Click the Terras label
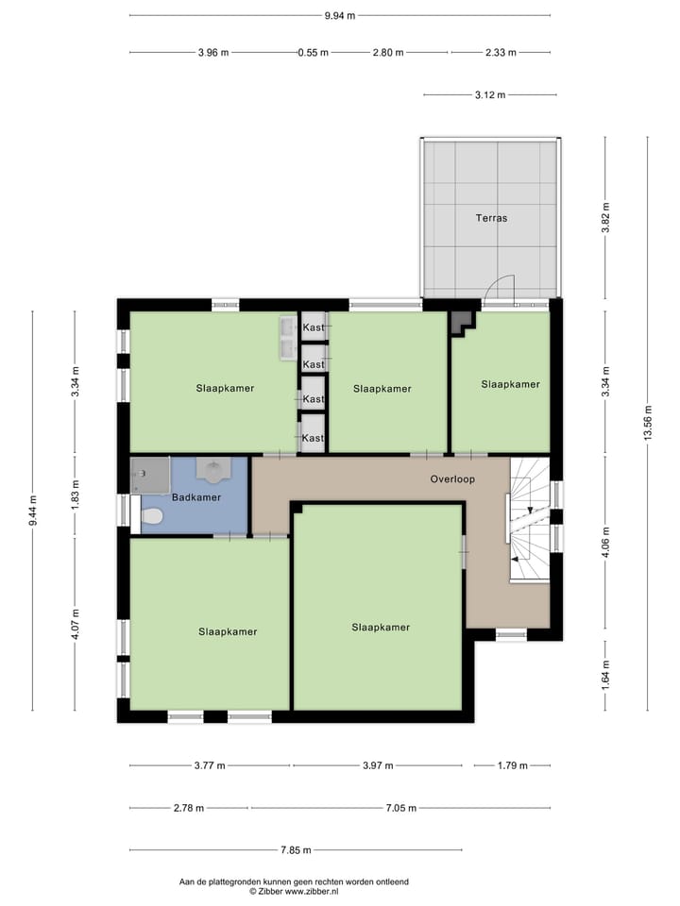pos(491,218)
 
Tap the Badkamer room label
pos(196,496)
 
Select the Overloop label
pos(452,478)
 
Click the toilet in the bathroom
pos(152,515)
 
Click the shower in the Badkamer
pos(148,475)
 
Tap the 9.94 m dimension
pos(339,15)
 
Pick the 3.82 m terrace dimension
pos(605,218)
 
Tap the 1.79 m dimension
pos(511,765)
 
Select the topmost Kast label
pos(314,327)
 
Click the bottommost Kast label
pos(314,438)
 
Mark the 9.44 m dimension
pos(33,511)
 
